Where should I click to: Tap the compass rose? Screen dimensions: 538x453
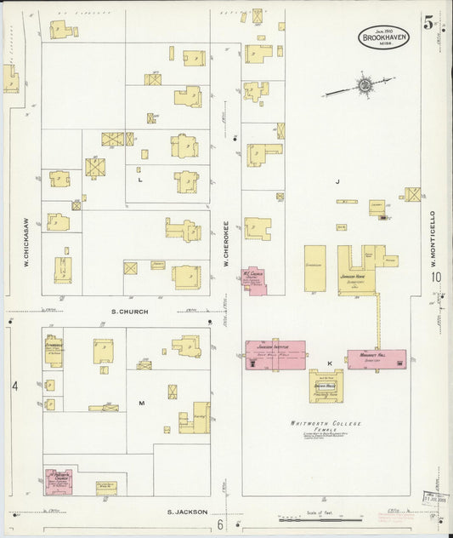(365, 84)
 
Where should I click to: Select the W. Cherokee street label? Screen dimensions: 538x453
(226, 244)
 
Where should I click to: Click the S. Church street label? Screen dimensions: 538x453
(130, 312)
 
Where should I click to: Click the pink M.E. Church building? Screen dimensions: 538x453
(253, 280)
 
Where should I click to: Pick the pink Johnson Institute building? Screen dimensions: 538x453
(275, 355)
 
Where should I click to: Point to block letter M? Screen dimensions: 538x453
(141, 403)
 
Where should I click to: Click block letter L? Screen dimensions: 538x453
(140, 180)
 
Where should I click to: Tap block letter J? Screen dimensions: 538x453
(337, 181)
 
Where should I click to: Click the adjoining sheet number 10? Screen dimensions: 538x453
(436, 277)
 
